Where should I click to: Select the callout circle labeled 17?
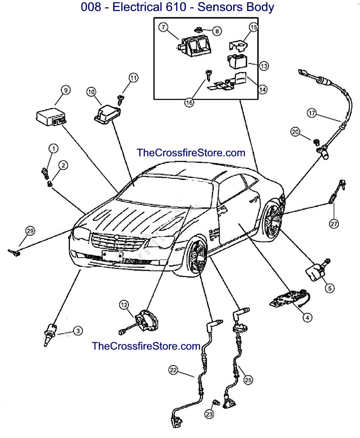click(x=312, y=113)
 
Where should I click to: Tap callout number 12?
click(x=123, y=304)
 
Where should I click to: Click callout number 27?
click(x=335, y=224)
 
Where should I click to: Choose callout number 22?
click(x=173, y=370)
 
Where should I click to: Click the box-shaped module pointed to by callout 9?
click(x=50, y=116)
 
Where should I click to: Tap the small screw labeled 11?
click(x=121, y=99)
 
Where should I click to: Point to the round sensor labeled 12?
click(x=145, y=321)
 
